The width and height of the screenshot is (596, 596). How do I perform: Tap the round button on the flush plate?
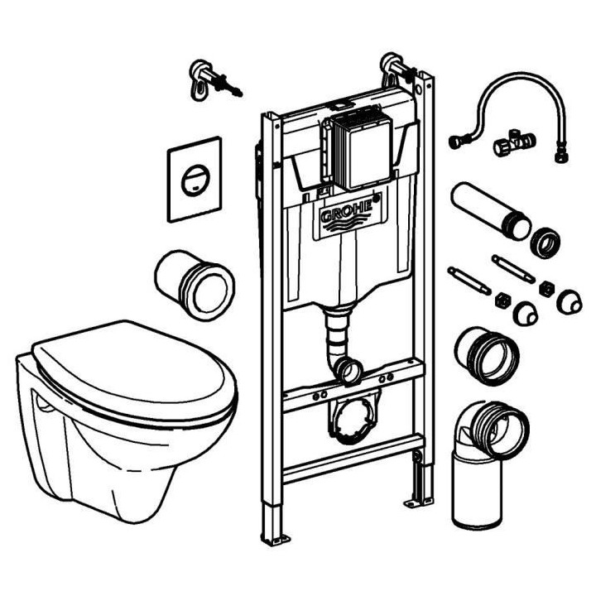coord(193,179)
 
